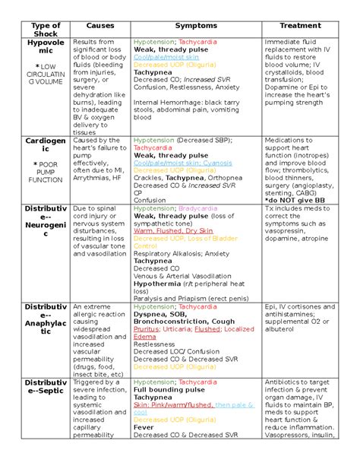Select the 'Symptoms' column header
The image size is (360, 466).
[x=195, y=26]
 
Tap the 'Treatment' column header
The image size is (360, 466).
[x=300, y=26]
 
